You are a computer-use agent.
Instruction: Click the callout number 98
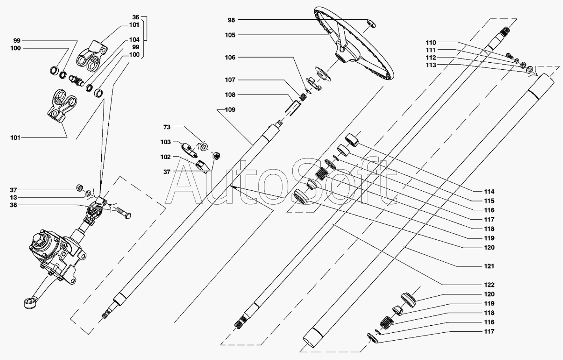tap(231, 20)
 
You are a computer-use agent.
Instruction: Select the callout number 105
tap(230, 35)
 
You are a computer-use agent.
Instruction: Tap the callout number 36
tap(136, 17)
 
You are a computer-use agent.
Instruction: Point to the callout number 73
tap(167, 127)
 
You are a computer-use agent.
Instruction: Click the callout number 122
tap(489, 285)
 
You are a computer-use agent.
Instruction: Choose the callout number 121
tap(489, 266)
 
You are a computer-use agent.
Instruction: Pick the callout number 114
tap(489, 192)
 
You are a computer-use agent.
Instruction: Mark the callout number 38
tap(13, 205)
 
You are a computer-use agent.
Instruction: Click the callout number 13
tap(13, 198)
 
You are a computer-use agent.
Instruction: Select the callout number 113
tap(431, 65)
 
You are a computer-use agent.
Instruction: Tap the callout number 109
tap(230, 110)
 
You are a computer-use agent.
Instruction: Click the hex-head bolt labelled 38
tap(123, 213)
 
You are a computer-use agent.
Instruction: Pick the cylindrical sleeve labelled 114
tap(352, 140)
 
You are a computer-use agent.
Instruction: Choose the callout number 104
tap(134, 39)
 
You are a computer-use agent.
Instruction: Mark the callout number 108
tap(230, 95)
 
